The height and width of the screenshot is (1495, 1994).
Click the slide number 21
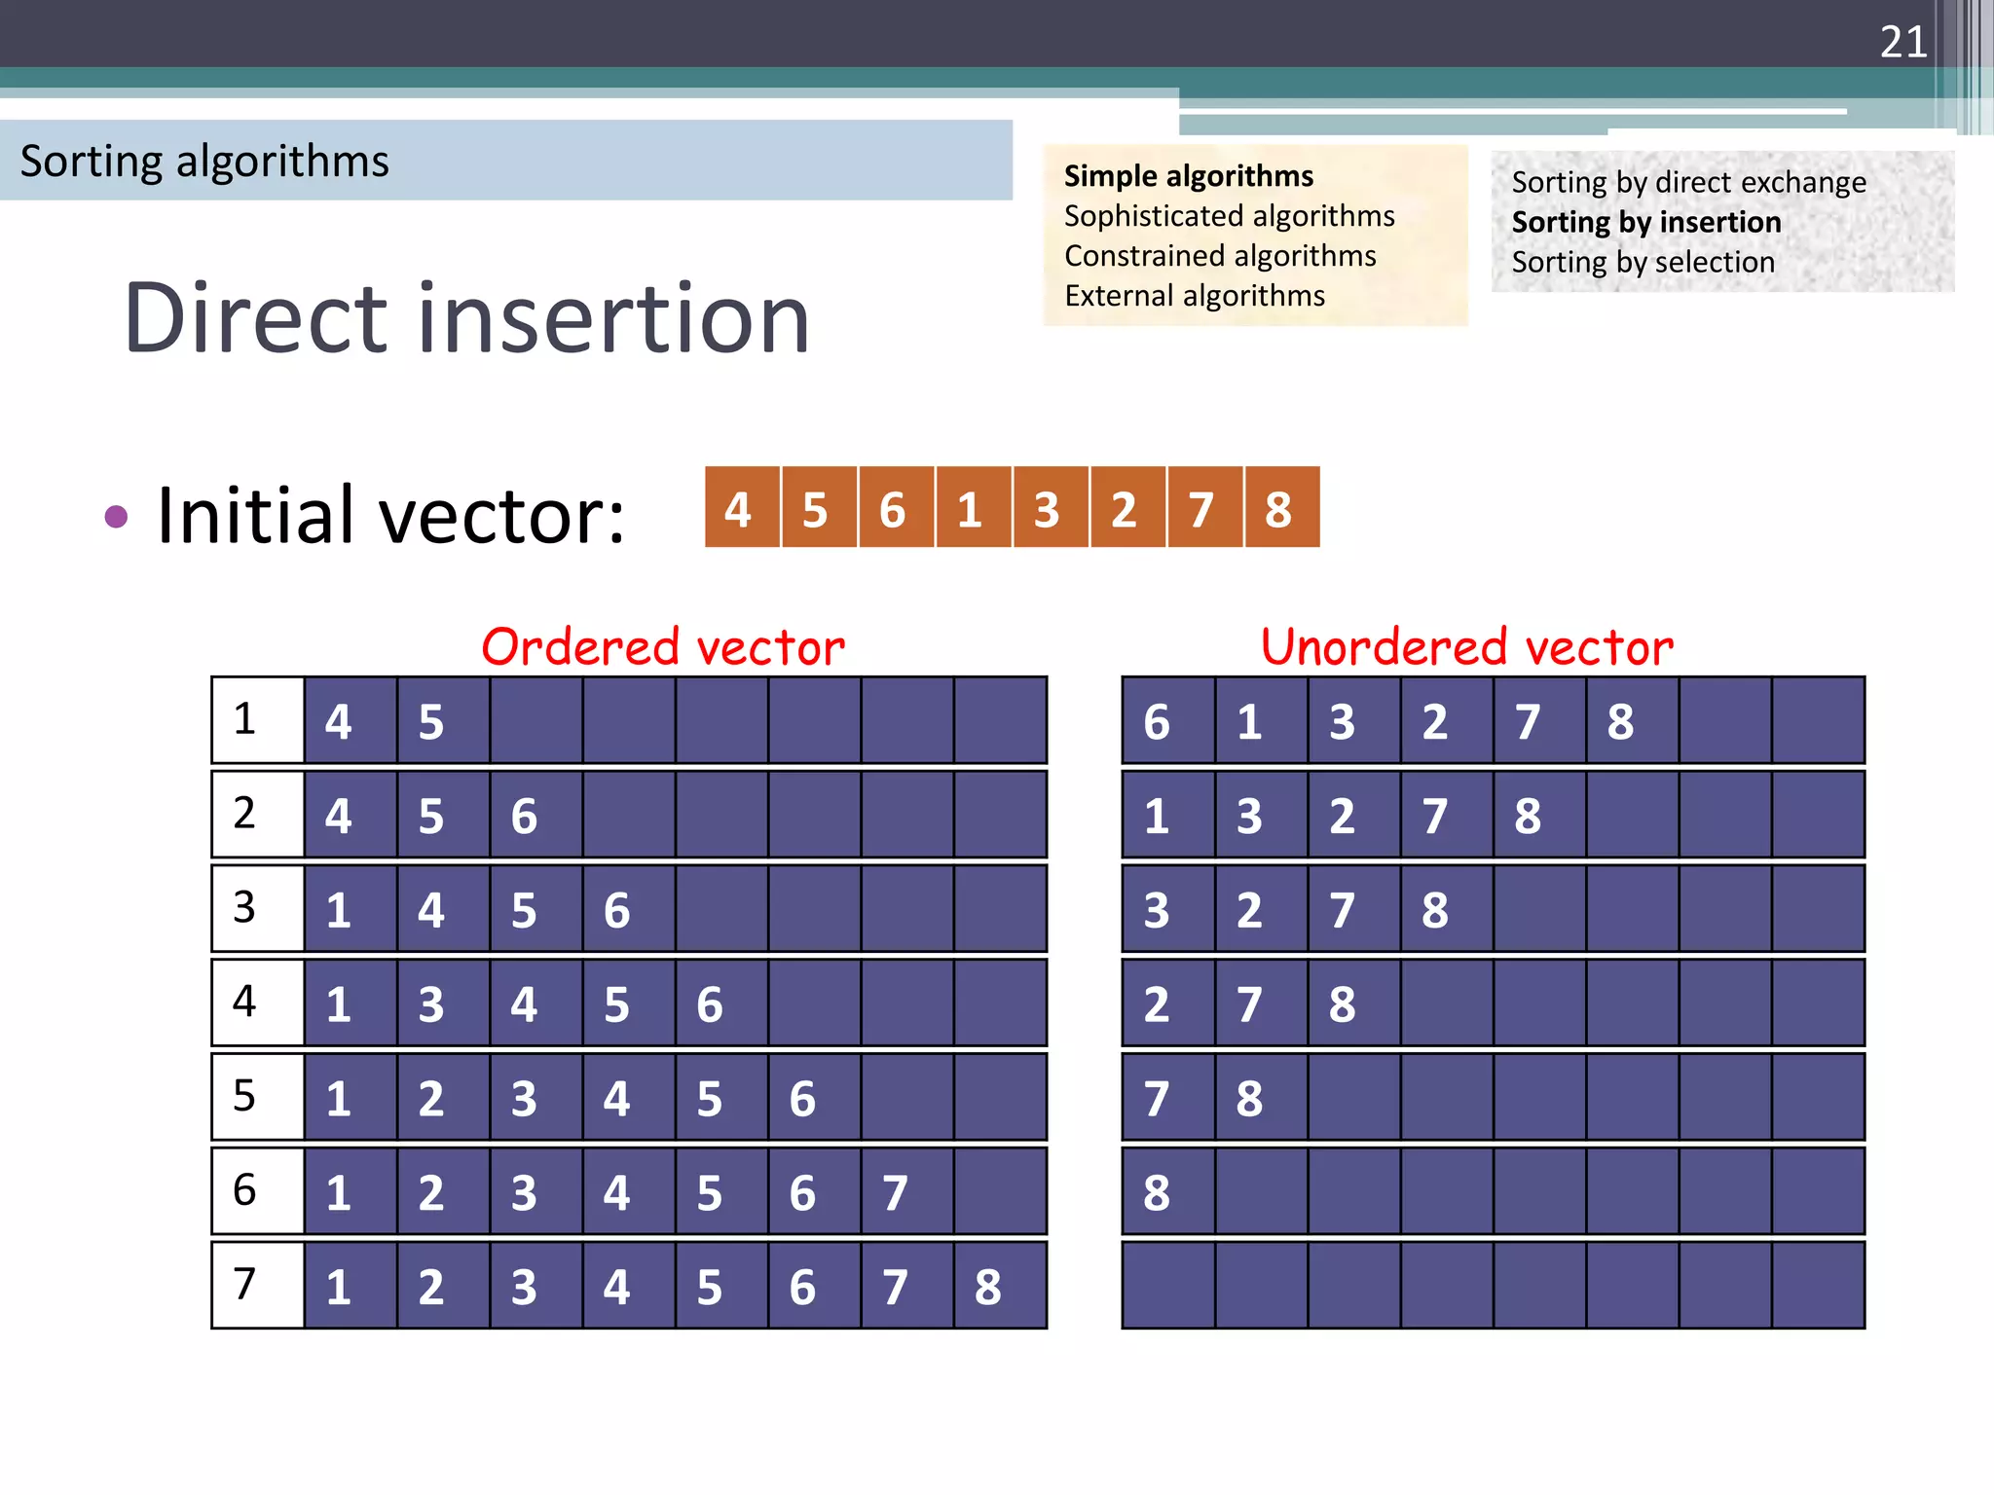[1903, 42]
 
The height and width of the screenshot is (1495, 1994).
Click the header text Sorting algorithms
[204, 161]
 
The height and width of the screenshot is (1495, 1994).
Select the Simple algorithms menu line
[1188, 176]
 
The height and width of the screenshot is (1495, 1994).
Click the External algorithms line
[1194, 296]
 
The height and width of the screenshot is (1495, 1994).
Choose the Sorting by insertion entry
[1645, 222]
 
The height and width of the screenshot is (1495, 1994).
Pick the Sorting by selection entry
[1643, 262]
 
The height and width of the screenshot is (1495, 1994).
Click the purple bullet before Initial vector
[116, 516]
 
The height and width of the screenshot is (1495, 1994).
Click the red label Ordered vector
[663, 647]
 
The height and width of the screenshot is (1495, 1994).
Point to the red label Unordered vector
[1466, 647]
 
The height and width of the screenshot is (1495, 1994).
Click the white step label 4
[244, 1002]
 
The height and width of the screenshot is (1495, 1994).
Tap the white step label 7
[244, 1284]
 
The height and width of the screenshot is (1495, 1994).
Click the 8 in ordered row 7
[987, 1287]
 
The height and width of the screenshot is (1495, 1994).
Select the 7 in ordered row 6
[895, 1192]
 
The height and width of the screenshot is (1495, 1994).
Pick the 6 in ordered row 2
[524, 816]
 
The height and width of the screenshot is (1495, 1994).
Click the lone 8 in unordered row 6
[1157, 1192]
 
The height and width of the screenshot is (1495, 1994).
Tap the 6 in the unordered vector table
[1157, 721]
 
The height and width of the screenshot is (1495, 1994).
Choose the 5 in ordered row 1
[431, 721]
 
